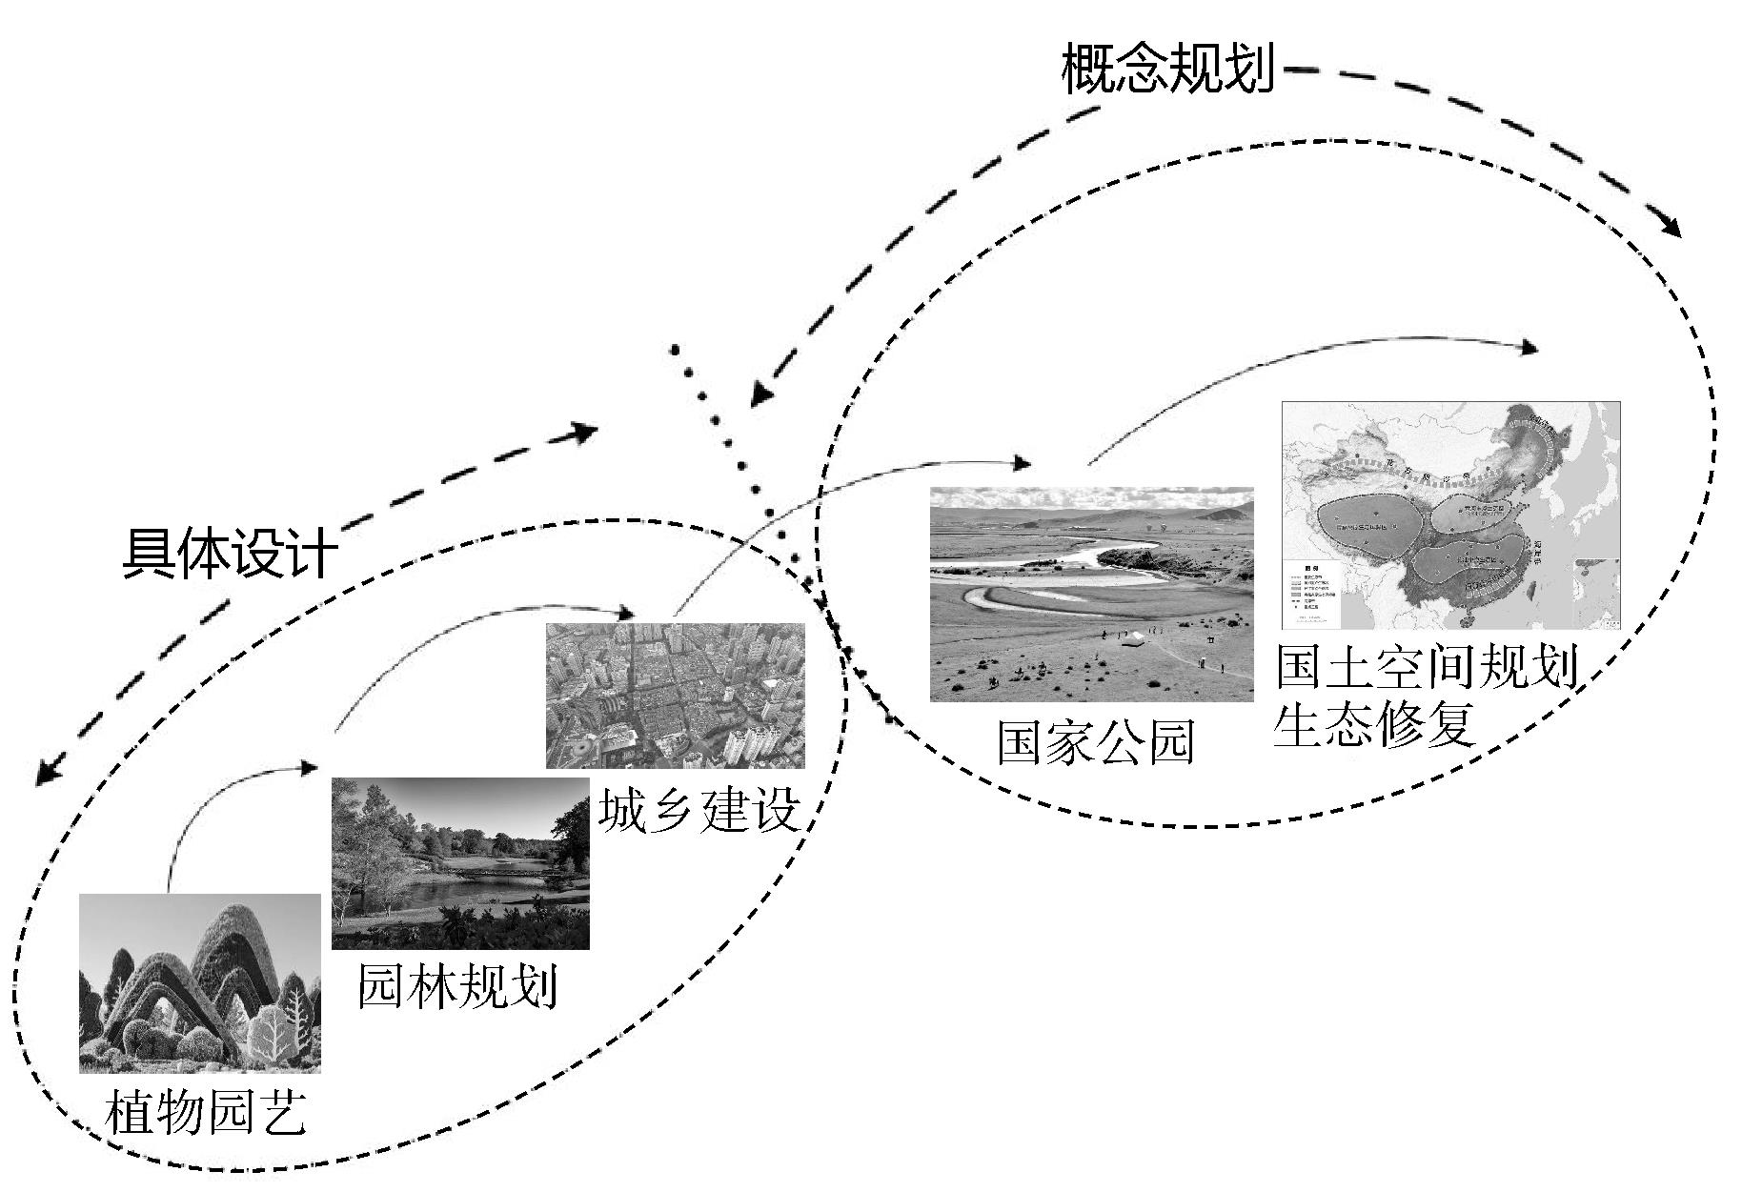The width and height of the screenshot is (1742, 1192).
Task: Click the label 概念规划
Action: point(1167,69)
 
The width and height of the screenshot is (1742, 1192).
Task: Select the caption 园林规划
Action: point(456,986)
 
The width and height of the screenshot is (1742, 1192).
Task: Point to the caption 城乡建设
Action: point(699,812)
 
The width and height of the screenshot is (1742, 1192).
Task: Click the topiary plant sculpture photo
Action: point(199,982)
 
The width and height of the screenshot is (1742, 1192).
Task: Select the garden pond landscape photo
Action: point(460,863)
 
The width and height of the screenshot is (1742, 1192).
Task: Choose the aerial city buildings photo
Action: point(675,695)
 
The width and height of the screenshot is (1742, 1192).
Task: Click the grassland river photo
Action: point(1091,594)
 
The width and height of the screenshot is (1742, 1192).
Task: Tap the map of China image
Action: point(1449,515)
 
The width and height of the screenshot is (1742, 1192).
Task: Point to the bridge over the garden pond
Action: point(496,870)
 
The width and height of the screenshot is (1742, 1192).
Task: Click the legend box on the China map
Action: point(1311,591)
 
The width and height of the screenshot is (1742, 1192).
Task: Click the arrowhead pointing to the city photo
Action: point(626,612)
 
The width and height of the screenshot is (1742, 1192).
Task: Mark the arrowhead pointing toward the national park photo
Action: point(1022,464)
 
